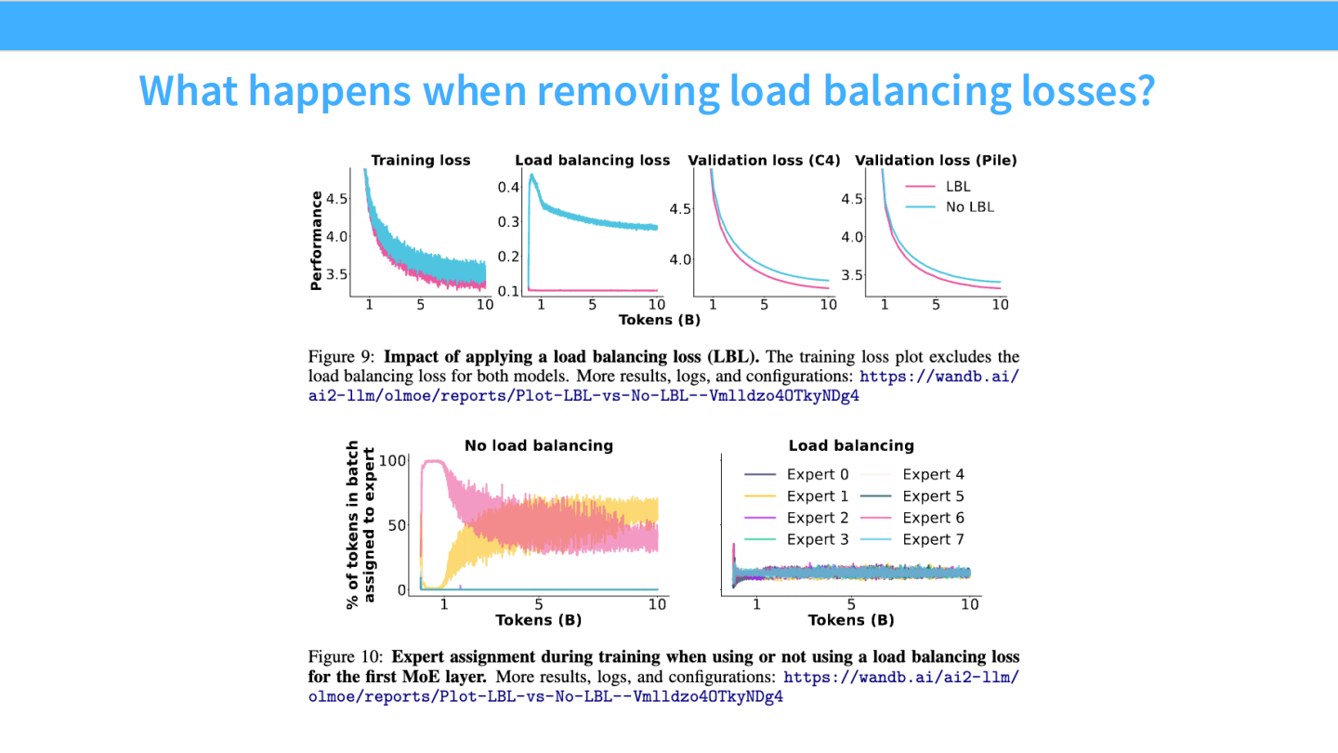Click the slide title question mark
pyautogui.click(x=1142, y=90)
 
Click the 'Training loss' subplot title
pyautogui.click(x=421, y=161)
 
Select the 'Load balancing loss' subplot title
pyautogui.click(x=592, y=161)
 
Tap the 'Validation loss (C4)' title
pyautogui.click(x=764, y=161)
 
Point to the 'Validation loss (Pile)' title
pyautogui.click(x=936, y=161)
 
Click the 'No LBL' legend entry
pyautogui.click(x=969, y=207)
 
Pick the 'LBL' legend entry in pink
pyautogui.click(x=958, y=187)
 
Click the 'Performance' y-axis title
pyautogui.click(x=317, y=241)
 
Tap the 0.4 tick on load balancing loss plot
pyautogui.click(x=507, y=188)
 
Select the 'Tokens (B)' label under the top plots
pyautogui.click(x=660, y=321)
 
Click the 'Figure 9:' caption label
pyautogui.click(x=343, y=357)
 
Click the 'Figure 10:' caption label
pyautogui.click(x=347, y=657)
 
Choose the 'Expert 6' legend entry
pyautogui.click(x=933, y=518)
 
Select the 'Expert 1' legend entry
pyautogui.click(x=817, y=496)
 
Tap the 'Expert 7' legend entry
pyautogui.click(x=933, y=539)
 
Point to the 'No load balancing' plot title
pyautogui.click(x=539, y=446)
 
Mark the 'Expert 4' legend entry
pyautogui.click(x=933, y=475)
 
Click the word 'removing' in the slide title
pyautogui.click(x=629, y=90)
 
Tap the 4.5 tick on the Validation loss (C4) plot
pyautogui.click(x=681, y=209)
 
